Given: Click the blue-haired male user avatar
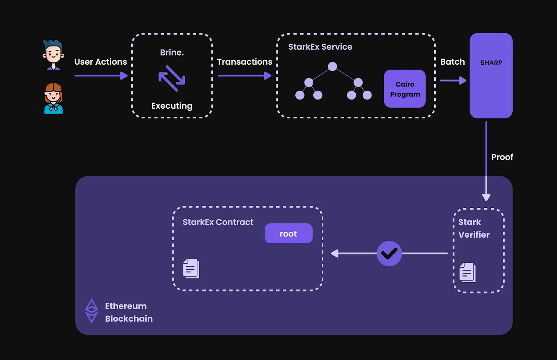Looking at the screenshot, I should [x=53, y=55].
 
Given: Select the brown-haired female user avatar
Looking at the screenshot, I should [x=53, y=98].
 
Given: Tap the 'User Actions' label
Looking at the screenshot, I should [x=101, y=62].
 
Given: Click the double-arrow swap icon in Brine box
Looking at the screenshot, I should [x=172, y=78].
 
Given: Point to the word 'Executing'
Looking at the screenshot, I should [x=172, y=106].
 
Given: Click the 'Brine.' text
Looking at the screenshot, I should [x=172, y=52].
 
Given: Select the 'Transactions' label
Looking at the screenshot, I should [x=244, y=62].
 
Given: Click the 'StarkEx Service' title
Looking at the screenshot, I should [x=320, y=47].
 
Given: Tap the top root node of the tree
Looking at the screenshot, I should [x=332, y=67].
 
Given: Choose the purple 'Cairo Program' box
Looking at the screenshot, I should [x=405, y=89].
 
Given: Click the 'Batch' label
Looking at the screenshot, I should [x=453, y=62].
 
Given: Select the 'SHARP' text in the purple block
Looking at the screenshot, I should [x=491, y=63].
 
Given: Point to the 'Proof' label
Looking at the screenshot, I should [x=502, y=157].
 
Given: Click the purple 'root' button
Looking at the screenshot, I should [x=288, y=233].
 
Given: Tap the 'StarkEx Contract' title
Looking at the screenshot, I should [x=218, y=222].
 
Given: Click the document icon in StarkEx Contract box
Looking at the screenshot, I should [x=191, y=269].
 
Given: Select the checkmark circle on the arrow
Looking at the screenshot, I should [x=389, y=253].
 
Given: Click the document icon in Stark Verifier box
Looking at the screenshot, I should [x=467, y=272].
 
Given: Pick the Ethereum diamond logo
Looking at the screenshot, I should [x=91, y=311].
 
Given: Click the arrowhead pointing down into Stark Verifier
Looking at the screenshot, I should [x=486, y=197].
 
